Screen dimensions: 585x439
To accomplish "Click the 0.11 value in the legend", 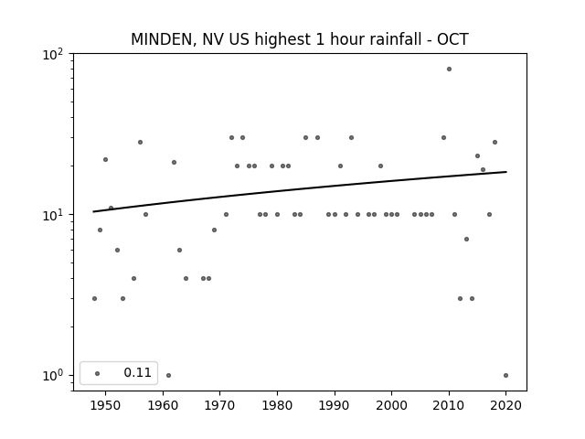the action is (x=137, y=372).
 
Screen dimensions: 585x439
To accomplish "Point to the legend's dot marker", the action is (x=98, y=373).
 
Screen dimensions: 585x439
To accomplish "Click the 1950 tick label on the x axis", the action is (x=106, y=405).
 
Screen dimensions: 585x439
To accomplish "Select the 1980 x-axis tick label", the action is (x=277, y=405).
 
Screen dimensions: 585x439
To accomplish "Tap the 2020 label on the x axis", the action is (x=505, y=405).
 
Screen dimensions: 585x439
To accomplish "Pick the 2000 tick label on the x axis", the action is (x=391, y=405).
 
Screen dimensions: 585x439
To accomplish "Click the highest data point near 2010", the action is (x=449, y=70).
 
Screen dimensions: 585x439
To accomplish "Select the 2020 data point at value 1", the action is (x=505, y=376).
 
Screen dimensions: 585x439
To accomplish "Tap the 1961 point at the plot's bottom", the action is (x=168, y=376).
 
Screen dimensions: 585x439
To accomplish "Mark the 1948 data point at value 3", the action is (x=94, y=299).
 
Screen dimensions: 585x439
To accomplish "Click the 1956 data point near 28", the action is (x=140, y=143).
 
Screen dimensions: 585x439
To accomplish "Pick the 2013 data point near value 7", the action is (x=466, y=240).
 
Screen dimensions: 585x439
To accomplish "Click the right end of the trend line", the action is (x=506, y=172).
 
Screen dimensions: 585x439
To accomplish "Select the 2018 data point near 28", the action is (x=495, y=143).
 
